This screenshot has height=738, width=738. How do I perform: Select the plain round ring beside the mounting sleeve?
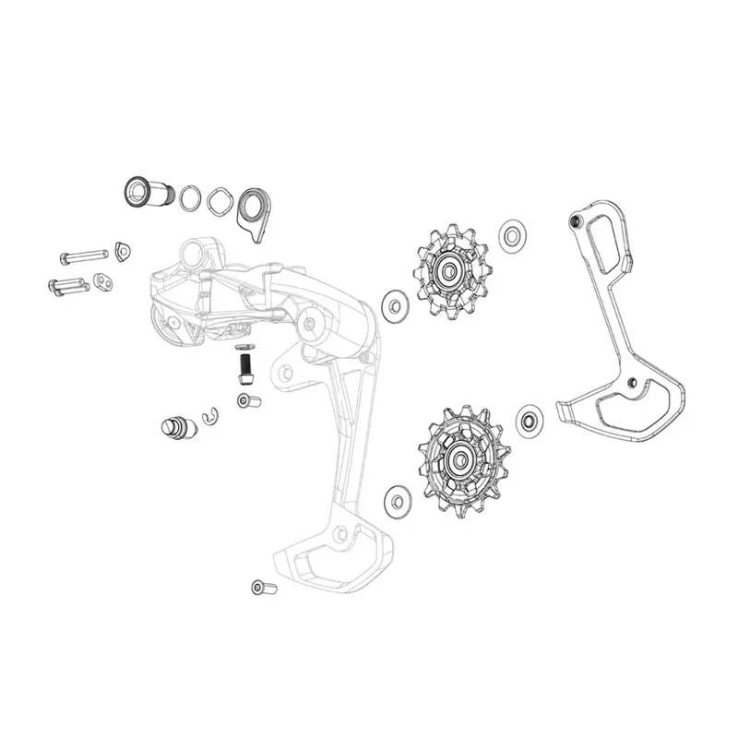[191, 196]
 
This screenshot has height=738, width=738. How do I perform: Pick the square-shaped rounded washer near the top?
[220, 199]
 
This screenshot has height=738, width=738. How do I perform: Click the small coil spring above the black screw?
[244, 349]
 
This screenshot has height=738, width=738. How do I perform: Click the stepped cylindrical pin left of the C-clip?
[175, 428]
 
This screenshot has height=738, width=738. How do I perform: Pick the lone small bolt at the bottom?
[259, 587]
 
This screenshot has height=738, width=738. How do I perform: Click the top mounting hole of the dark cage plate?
[576, 222]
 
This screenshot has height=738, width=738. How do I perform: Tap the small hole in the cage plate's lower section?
[631, 384]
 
